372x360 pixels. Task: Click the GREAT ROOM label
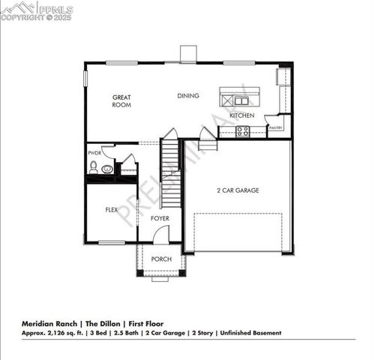coord(122,101)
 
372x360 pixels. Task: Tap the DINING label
coord(187,96)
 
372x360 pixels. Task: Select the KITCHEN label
coord(242,116)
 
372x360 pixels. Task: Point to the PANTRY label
coord(276,128)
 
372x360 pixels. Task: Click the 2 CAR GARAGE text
coord(238,190)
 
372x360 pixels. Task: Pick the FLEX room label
coord(112,210)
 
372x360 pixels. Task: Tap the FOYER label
coord(160,218)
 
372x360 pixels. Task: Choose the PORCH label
coord(161,259)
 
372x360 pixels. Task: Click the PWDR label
coord(94,153)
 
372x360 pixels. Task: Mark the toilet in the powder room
coord(94,166)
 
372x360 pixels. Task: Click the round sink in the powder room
coord(108,169)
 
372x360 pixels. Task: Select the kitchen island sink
coord(238,99)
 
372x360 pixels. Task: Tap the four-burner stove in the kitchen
coord(243,131)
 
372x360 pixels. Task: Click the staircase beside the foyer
coord(171,176)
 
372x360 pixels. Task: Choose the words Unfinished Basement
coord(251,332)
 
